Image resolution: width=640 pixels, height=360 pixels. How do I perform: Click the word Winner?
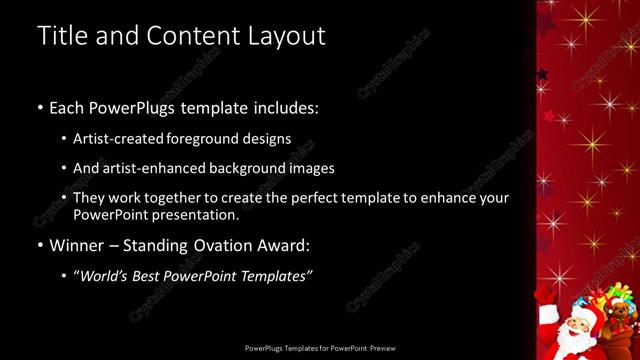76,245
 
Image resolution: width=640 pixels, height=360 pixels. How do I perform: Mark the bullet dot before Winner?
40,245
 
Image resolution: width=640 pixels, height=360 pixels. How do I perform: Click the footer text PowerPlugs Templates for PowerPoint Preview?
320,348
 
